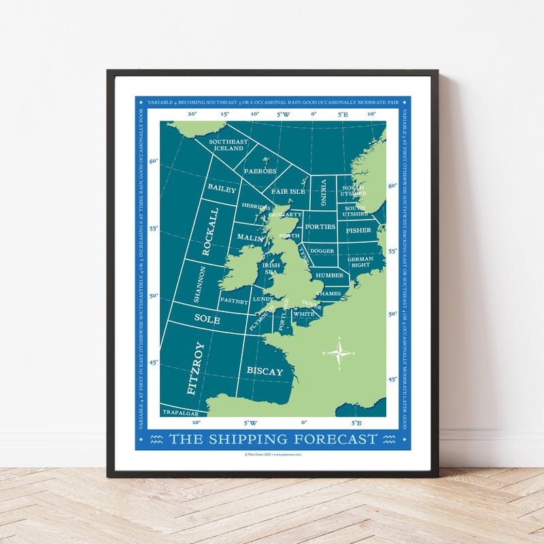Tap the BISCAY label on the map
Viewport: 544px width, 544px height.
click(x=265, y=371)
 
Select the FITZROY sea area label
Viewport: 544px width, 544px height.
click(x=195, y=368)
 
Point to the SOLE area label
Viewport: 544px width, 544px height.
click(x=207, y=318)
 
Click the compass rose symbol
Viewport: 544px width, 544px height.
click(x=339, y=352)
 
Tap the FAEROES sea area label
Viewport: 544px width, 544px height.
click(x=260, y=171)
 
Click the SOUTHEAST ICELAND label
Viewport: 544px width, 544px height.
click(x=228, y=145)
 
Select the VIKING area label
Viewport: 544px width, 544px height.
click(x=324, y=192)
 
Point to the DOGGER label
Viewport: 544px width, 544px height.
click(x=322, y=251)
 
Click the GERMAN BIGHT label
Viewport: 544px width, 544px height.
click(x=360, y=262)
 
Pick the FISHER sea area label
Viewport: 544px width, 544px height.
click(x=358, y=231)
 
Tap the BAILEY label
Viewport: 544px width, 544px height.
click(x=222, y=188)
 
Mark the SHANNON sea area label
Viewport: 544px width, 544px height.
click(x=199, y=284)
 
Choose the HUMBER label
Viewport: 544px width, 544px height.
click(x=329, y=275)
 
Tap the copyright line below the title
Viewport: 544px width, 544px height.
click(x=272, y=454)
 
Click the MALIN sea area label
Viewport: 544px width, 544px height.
click(x=250, y=238)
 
